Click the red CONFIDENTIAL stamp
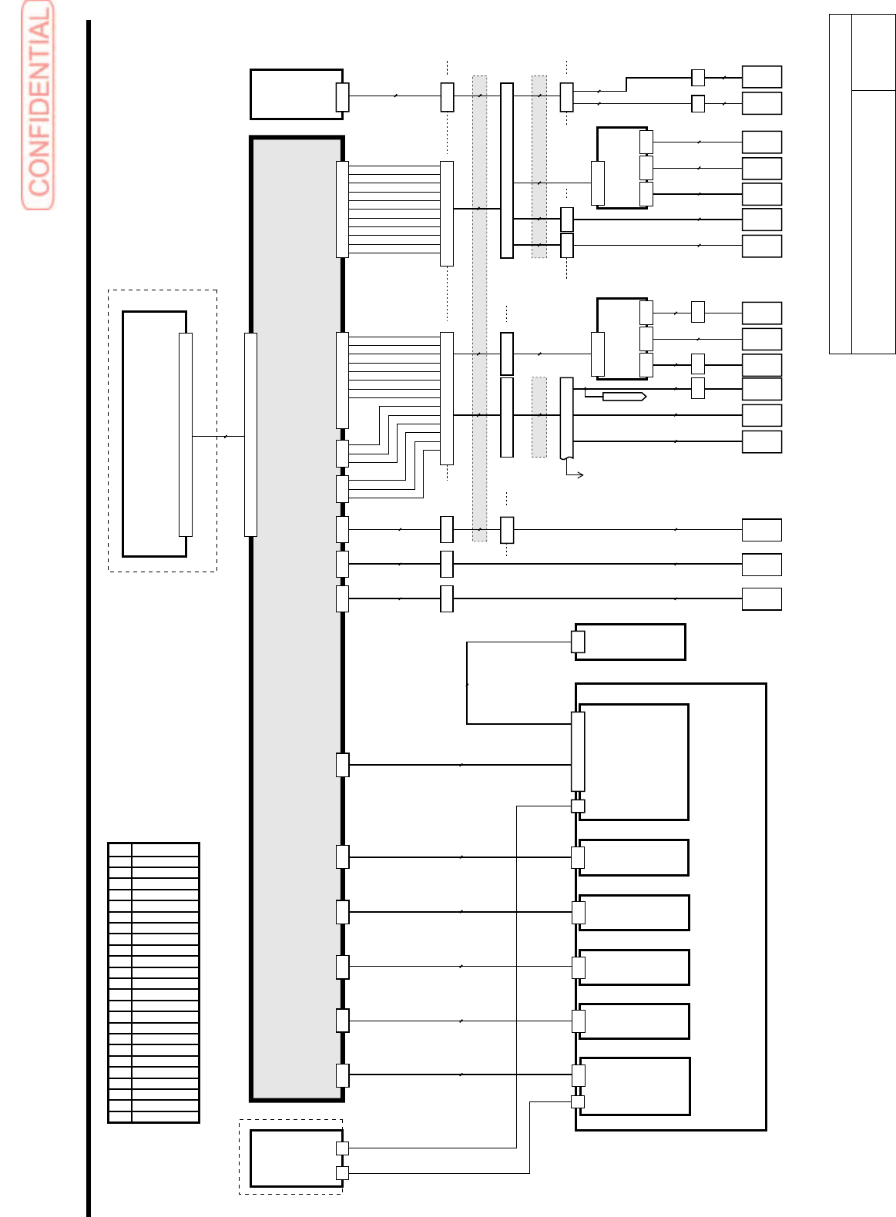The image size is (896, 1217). (38, 106)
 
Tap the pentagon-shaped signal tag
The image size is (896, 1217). (623, 396)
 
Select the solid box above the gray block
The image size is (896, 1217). (296, 94)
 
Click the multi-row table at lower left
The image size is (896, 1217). (153, 982)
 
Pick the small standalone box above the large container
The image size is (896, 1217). (629, 642)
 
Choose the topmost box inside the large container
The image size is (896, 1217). (633, 762)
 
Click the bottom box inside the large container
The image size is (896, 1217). (634, 1086)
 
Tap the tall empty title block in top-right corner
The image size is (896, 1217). (862, 183)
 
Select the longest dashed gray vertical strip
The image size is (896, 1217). (479, 308)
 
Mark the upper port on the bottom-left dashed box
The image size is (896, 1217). (342, 1148)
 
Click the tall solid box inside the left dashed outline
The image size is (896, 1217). (154, 434)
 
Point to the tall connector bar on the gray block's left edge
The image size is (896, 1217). (250, 434)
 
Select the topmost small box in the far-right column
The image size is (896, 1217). (761, 77)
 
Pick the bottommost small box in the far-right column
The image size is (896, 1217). (761, 598)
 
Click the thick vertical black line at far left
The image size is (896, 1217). (89, 616)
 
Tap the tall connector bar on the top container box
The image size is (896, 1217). (577, 751)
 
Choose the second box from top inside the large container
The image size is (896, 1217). (633, 857)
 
